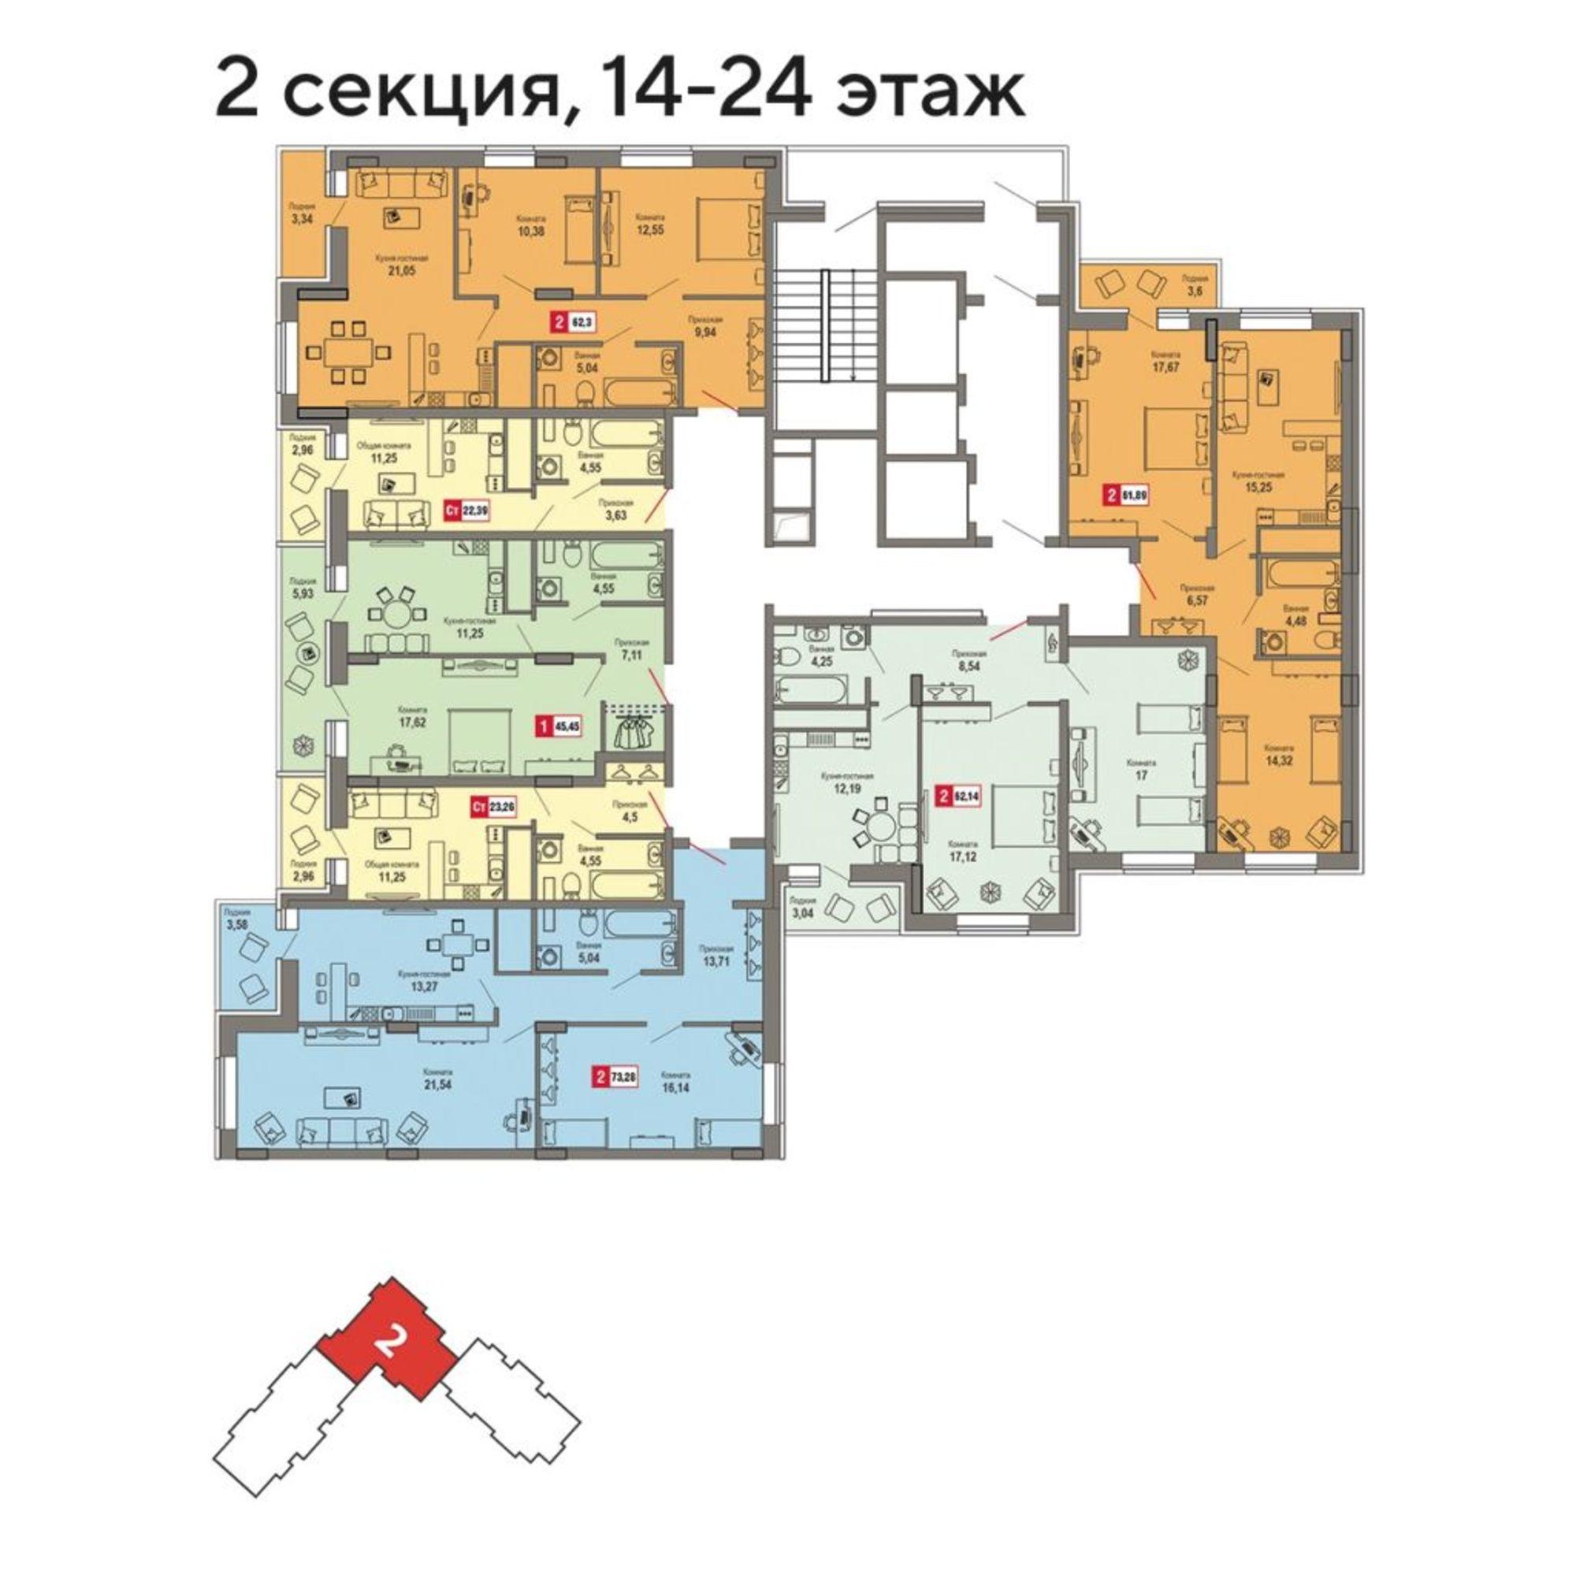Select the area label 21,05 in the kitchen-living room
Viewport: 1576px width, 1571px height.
coord(401,271)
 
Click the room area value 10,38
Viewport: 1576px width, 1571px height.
coord(530,231)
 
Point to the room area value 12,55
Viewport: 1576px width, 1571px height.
coord(649,231)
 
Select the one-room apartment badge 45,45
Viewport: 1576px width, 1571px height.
coord(558,724)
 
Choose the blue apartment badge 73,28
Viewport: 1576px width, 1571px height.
coord(615,1078)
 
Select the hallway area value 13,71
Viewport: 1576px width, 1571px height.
coord(717,961)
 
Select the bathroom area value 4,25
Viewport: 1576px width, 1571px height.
coord(820,662)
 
